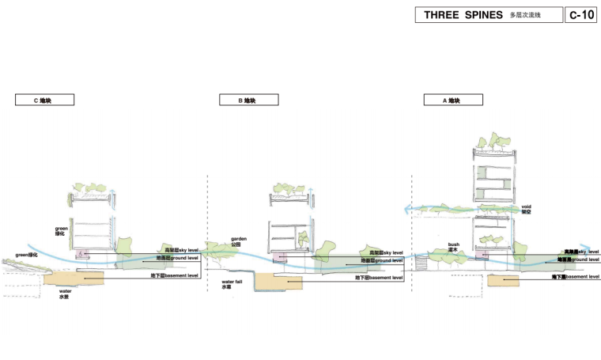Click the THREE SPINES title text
[x=463, y=15]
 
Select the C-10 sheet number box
[x=581, y=15]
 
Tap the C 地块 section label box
[x=43, y=100]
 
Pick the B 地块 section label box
[x=248, y=100]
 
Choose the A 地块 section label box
[x=452, y=100]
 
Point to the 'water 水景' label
[x=65, y=294]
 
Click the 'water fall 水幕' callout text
[x=232, y=283]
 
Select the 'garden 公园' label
[x=240, y=241]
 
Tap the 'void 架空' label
[x=526, y=209]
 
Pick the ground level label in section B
[x=382, y=260]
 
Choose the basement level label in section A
[x=576, y=277]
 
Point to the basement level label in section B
[x=380, y=278]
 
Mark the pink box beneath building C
[x=82, y=253]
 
